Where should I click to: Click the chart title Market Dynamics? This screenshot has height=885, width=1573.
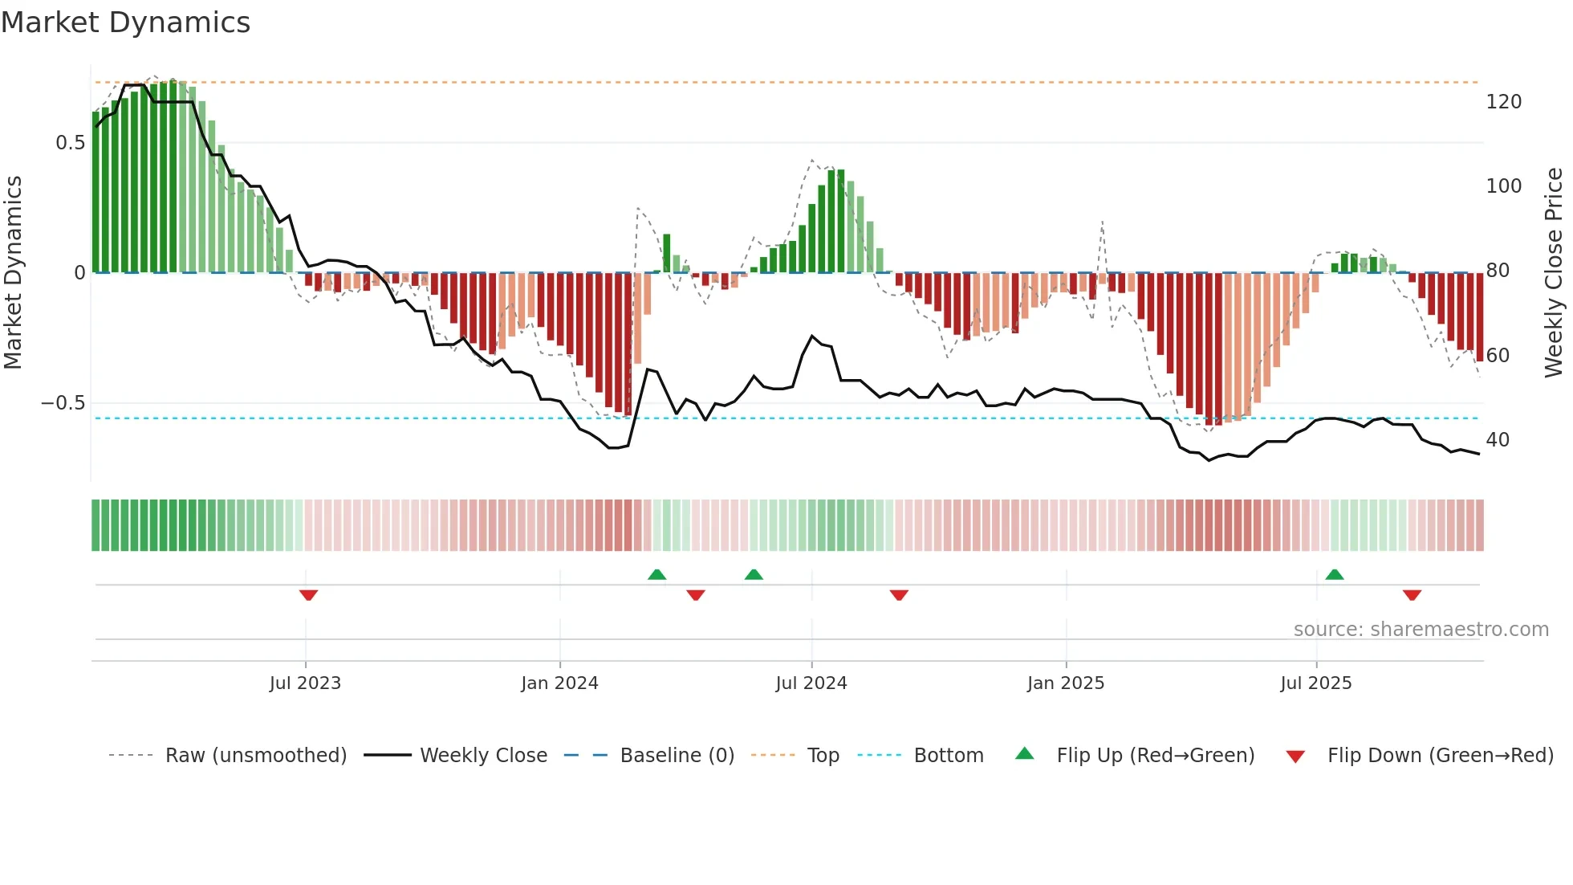click(125, 22)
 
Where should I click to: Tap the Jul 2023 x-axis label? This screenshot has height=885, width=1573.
click(305, 683)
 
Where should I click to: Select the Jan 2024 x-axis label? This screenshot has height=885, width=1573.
click(559, 683)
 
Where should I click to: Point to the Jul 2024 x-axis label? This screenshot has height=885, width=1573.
click(811, 683)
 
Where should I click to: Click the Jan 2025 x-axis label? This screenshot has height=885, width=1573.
click(1066, 683)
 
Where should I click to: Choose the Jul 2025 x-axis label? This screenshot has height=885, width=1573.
click(1315, 683)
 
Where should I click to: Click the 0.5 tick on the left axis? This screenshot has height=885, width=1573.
click(70, 143)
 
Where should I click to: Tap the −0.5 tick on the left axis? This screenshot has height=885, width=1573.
click(63, 403)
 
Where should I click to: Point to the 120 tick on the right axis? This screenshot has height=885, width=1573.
click(1503, 102)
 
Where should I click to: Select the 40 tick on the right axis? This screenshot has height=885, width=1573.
click(1498, 440)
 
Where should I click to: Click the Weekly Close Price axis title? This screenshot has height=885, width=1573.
click(1554, 273)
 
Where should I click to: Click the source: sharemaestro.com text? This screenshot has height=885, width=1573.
click(1421, 630)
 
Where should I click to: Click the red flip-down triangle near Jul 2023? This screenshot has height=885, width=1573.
click(308, 595)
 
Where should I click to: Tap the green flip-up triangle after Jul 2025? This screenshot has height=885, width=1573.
click(1334, 575)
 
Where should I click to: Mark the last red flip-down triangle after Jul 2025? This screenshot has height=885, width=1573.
click(1412, 595)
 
